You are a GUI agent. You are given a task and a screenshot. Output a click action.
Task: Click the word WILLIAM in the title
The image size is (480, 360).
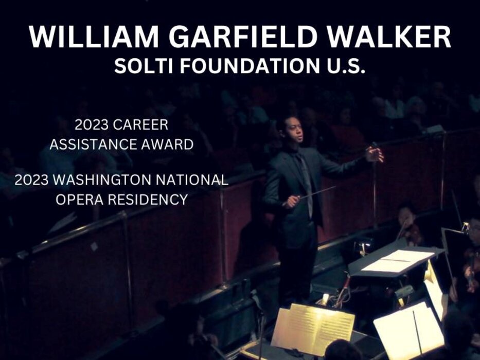tap(94, 37)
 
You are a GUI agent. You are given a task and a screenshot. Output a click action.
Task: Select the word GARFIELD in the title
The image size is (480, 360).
tap(243, 37)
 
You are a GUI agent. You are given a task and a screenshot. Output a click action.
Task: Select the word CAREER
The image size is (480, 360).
tap(140, 125)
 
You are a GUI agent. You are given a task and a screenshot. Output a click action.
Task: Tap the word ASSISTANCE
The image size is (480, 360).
tap(88, 145)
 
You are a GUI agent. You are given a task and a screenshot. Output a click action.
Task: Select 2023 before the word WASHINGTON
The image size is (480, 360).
tap(31, 179)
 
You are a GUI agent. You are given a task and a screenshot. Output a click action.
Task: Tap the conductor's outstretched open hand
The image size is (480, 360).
tap(375, 154)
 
